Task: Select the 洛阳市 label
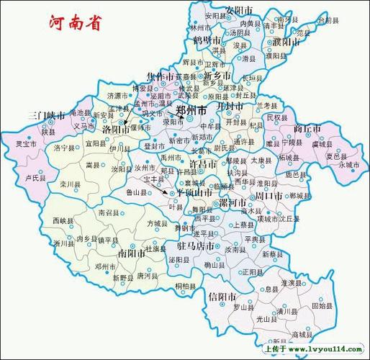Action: click(x=117, y=129)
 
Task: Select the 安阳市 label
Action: click(x=239, y=9)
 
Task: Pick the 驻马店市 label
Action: click(x=197, y=246)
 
